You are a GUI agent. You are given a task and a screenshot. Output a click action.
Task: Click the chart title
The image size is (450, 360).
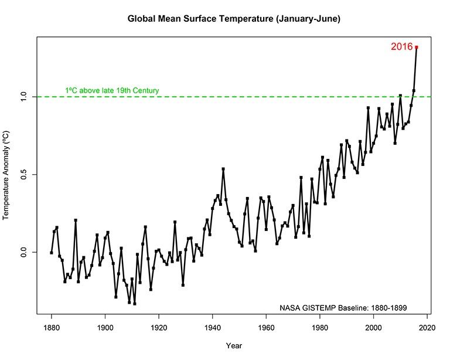[234, 19]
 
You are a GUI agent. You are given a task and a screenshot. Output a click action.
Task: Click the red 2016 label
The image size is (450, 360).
[401, 47]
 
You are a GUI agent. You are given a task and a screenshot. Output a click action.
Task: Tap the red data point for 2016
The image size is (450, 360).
[416, 47]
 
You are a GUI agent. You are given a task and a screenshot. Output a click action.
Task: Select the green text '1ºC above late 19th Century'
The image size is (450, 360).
[112, 91]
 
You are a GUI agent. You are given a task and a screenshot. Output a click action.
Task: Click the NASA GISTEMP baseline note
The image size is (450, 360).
[343, 307]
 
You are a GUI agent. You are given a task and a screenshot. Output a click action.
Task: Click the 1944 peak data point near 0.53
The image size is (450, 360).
[223, 169]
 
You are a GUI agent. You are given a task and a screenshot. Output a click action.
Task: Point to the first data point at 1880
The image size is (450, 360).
[52, 253]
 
